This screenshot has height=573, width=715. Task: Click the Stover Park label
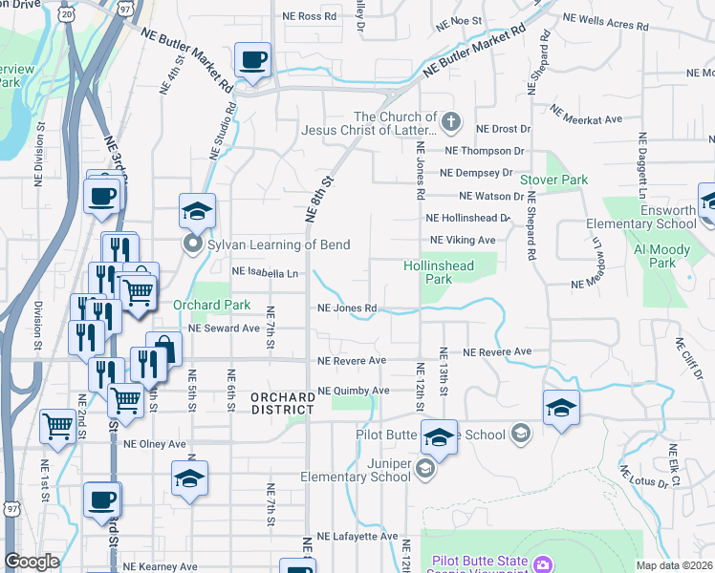click(x=553, y=180)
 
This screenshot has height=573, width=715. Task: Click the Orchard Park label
click(x=211, y=306)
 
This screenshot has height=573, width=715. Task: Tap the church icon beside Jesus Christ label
click(x=451, y=123)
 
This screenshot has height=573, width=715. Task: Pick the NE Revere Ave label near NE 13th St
click(x=497, y=352)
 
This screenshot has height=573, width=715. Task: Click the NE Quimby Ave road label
click(x=353, y=391)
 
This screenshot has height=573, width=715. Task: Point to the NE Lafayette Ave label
click(x=357, y=537)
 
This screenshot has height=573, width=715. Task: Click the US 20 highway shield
click(x=65, y=15)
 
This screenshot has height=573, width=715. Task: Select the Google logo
click(x=32, y=562)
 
